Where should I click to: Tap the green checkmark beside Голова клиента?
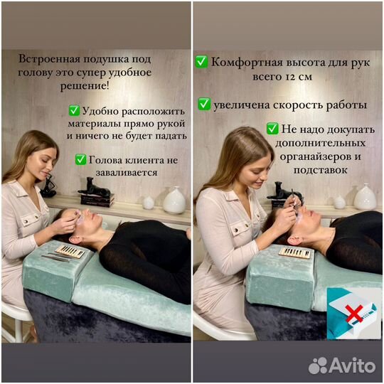pos(80,160)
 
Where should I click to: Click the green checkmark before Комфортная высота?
pos(201,62)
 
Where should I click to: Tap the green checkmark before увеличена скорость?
pos(204,105)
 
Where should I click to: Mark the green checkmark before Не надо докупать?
pos(272,129)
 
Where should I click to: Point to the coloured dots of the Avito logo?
pos(318,366)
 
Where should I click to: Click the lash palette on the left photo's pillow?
pos(69,251)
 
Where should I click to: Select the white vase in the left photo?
pos(174,201)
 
